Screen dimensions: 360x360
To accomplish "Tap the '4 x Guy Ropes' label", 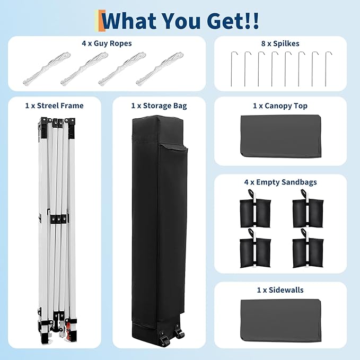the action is click(107, 43).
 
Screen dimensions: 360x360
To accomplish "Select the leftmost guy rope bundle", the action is click(47, 68).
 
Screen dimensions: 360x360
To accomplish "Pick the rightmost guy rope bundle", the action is click(160, 68).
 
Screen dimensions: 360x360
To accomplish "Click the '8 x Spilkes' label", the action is click(280, 43).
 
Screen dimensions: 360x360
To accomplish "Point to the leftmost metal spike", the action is click(231, 69).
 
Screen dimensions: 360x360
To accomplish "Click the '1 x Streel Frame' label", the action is click(55, 106).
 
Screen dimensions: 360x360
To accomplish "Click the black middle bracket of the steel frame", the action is click(59, 219).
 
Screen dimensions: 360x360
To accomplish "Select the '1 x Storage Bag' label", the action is click(159, 106).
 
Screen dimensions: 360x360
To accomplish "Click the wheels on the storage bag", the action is click(172, 336).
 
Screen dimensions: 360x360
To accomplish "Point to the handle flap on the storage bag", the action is click(174, 147).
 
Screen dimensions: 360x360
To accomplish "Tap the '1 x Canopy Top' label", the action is click(280, 106).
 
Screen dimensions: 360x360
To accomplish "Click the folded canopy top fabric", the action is click(280, 136).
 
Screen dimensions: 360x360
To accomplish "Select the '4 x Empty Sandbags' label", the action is click(280, 182).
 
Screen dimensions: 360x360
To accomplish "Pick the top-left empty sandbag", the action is click(255, 209).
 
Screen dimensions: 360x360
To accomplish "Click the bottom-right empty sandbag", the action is click(308, 249).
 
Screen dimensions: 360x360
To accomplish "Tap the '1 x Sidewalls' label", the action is click(280, 290).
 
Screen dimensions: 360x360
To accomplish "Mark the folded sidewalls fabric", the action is click(280, 321).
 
